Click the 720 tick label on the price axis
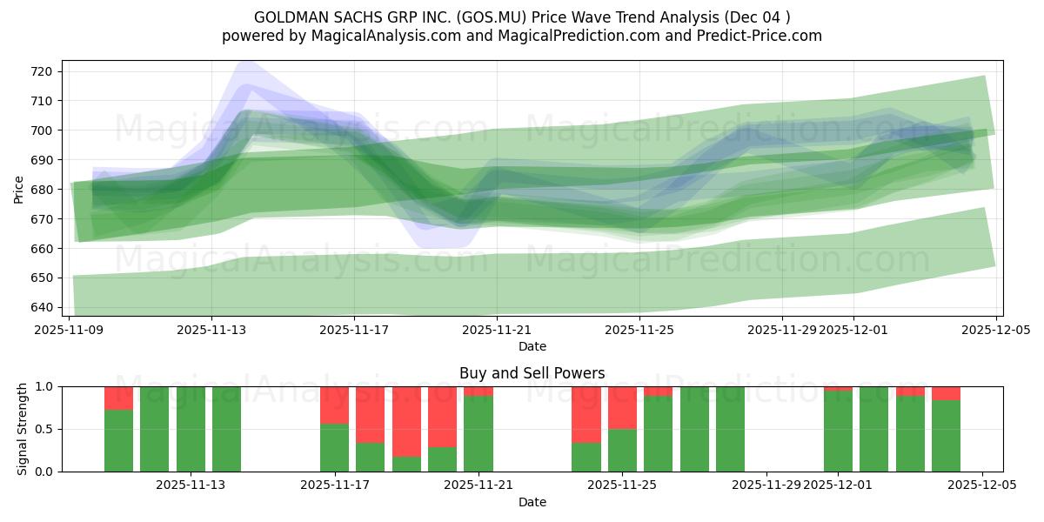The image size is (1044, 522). pos(44,71)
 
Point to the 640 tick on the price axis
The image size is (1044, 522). pos(44,307)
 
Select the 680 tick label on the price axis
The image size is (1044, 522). pos(44,190)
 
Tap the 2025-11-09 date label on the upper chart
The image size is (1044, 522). pos(69,330)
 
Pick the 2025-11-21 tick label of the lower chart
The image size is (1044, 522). pos(478,485)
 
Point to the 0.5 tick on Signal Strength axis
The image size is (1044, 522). pos(46,429)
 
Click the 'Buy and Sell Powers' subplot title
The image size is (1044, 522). pos(532,373)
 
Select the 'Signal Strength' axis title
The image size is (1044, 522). pos(23,429)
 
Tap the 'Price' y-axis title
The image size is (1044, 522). pos(19,188)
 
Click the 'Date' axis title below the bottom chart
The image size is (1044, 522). pos(532,502)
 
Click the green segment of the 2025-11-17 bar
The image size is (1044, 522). pos(334,447)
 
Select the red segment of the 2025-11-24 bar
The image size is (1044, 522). pos(586,414)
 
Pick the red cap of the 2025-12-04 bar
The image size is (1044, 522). pos(946,393)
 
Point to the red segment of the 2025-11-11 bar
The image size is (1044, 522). pos(118,398)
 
